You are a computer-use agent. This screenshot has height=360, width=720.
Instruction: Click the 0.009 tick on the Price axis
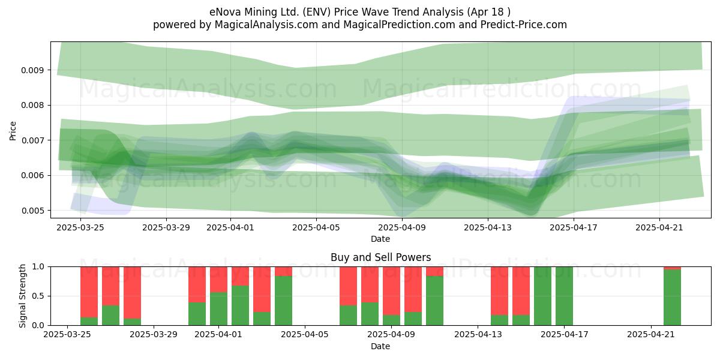click(x=31, y=70)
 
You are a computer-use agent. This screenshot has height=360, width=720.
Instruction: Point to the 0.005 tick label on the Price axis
click(x=31, y=211)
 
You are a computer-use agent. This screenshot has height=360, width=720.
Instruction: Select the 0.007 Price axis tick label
click(x=31, y=140)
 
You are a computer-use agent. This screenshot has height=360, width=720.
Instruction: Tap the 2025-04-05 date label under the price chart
click(x=316, y=227)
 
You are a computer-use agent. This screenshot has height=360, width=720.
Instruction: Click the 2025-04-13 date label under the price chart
click(x=488, y=227)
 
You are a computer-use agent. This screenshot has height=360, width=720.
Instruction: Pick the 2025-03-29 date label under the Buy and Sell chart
click(x=154, y=335)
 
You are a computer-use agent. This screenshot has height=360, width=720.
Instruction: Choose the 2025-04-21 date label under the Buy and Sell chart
click(x=651, y=335)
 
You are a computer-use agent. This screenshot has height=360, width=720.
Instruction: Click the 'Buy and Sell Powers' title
click(x=380, y=257)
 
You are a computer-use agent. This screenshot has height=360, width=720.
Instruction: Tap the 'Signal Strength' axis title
click(x=22, y=296)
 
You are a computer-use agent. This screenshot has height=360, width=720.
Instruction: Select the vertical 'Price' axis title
click(x=13, y=131)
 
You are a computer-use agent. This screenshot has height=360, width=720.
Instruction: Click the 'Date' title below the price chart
click(x=380, y=239)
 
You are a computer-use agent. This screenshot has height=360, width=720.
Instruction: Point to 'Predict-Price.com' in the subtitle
click(x=524, y=25)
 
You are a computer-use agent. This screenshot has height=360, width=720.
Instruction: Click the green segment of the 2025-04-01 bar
click(x=218, y=308)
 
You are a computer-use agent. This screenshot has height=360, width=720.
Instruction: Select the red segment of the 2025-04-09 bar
click(x=391, y=291)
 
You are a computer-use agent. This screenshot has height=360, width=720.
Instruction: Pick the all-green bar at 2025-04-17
click(x=564, y=296)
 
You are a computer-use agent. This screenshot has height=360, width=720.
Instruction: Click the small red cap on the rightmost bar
click(x=672, y=268)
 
